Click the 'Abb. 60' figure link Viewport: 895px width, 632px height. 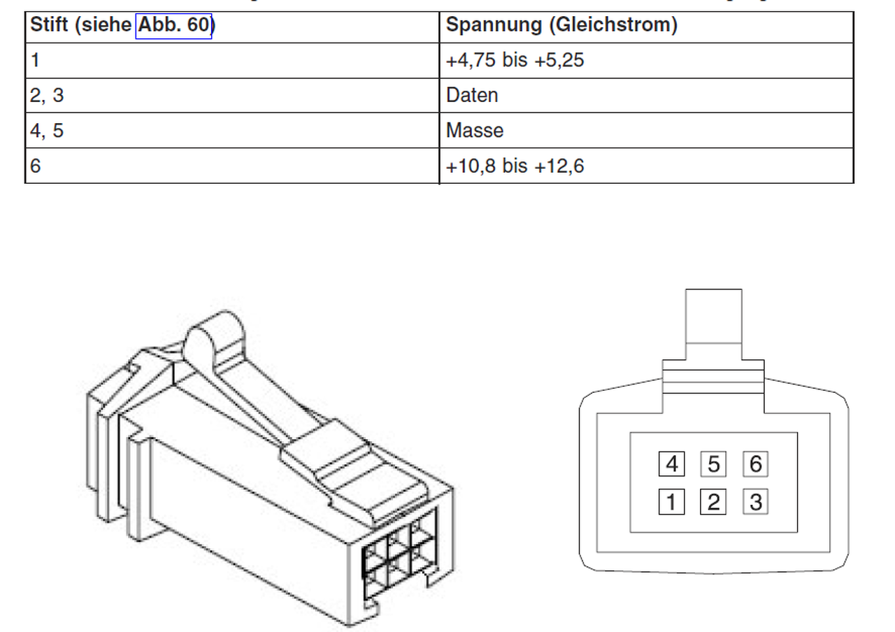(173, 26)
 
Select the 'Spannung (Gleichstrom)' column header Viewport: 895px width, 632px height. (561, 24)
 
